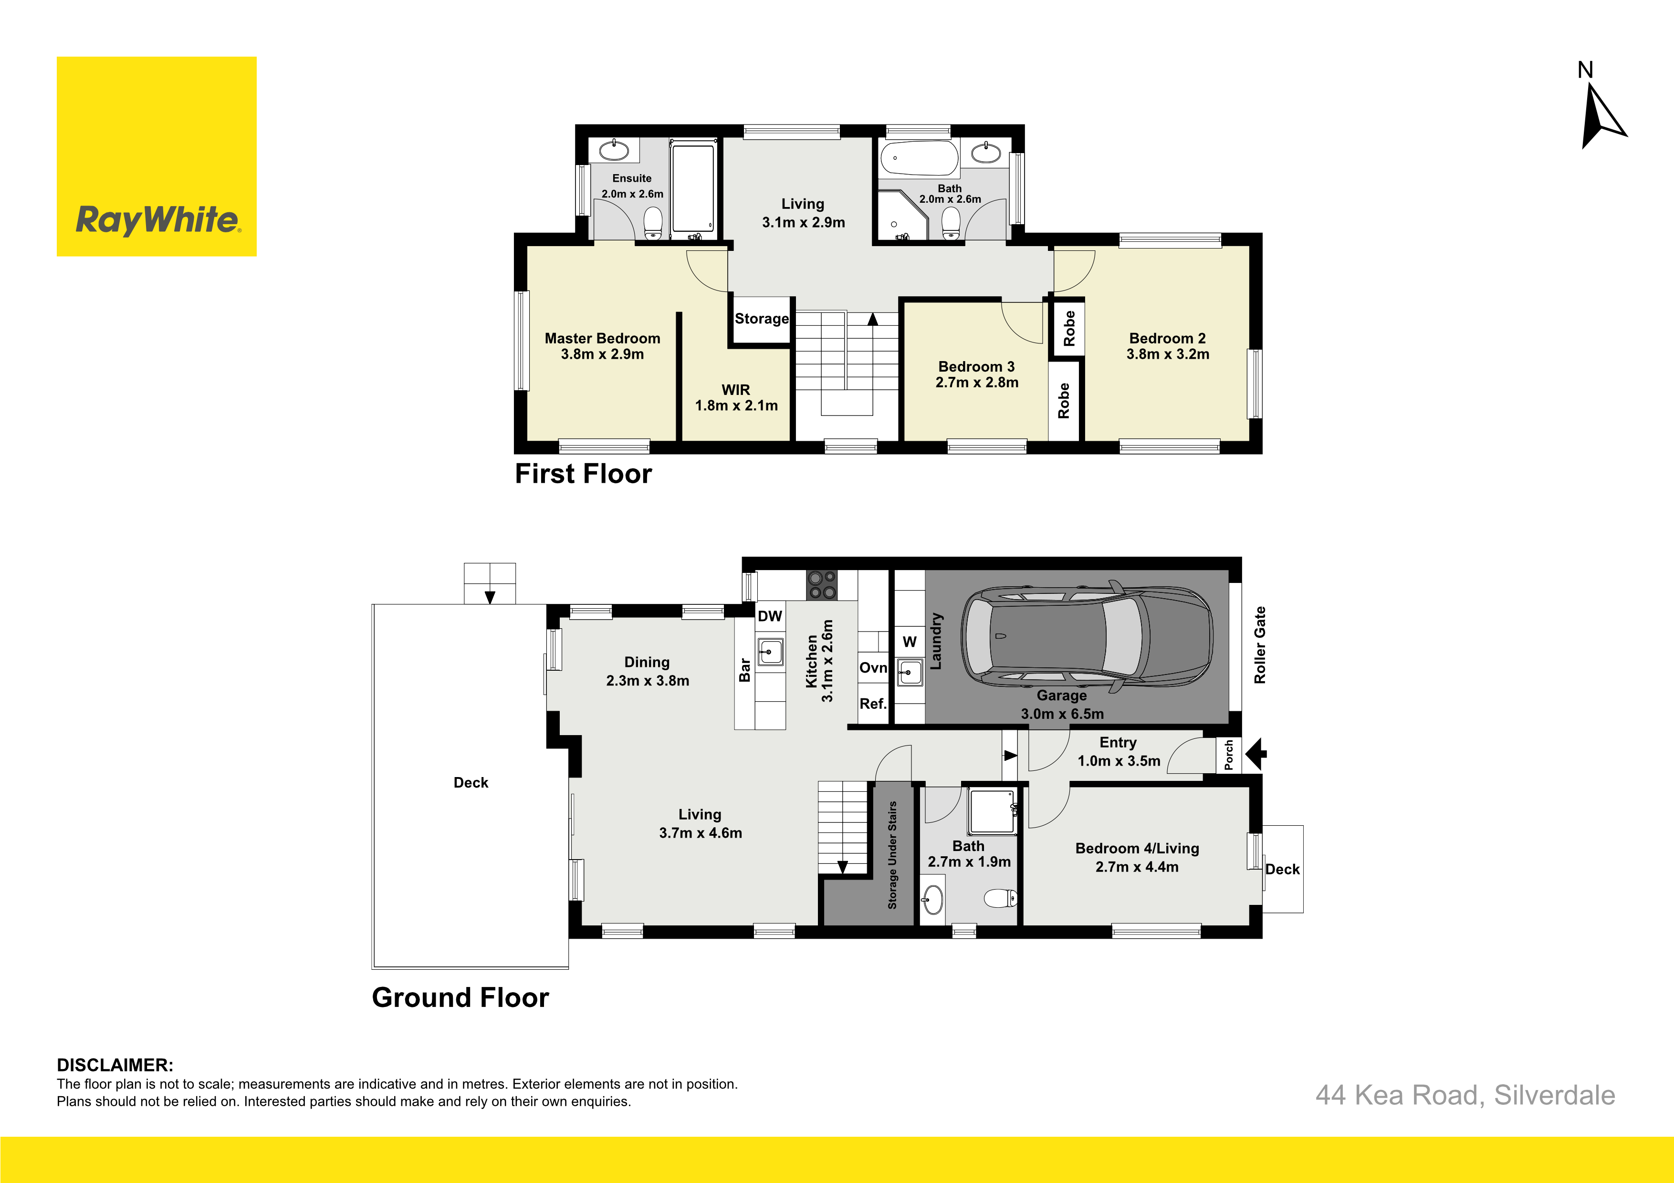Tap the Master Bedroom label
(x=602, y=338)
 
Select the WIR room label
(x=736, y=390)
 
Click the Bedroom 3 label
(x=976, y=367)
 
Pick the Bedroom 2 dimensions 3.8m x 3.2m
(x=1167, y=354)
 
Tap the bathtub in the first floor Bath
(x=919, y=158)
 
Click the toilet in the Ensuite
(x=653, y=223)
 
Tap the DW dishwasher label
(x=770, y=616)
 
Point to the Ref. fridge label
(x=873, y=704)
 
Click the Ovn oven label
(x=873, y=668)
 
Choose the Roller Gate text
(x=1260, y=645)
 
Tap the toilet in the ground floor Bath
(x=1000, y=898)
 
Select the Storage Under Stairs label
(x=892, y=855)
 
